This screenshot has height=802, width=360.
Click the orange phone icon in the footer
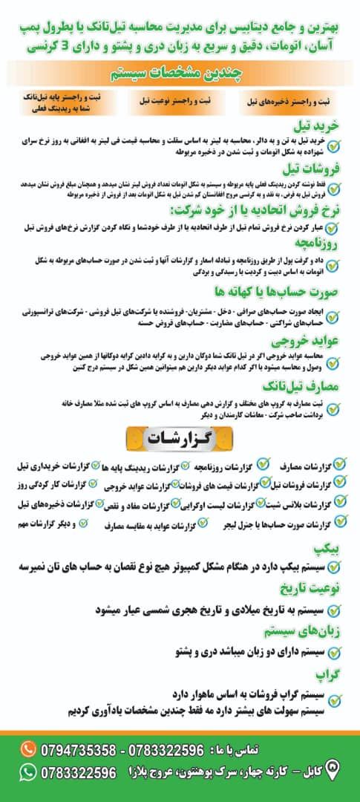(27, 748)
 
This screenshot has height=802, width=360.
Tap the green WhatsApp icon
(27, 773)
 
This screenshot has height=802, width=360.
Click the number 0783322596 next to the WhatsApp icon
(79, 773)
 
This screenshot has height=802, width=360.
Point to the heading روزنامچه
(319, 243)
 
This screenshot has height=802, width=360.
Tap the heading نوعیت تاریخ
(312, 589)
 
